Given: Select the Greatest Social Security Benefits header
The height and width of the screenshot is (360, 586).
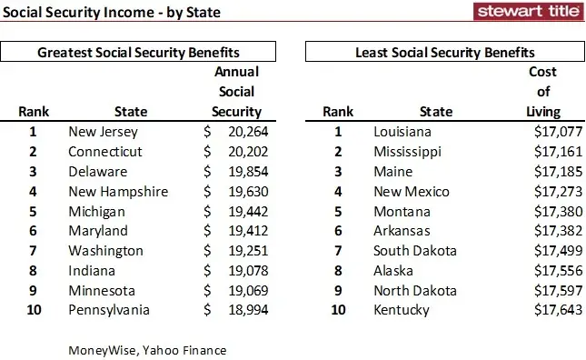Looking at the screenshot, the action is pos(144,53).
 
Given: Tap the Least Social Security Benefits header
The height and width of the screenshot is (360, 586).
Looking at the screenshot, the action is pos(444,53).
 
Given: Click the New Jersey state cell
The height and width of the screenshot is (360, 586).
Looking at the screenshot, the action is pos(104,132).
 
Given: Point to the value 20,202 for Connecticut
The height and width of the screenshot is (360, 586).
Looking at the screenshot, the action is pos(239,152).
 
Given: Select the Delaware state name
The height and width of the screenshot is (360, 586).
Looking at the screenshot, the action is pos(98,172).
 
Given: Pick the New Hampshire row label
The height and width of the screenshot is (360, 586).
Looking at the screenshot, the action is pos(119,192).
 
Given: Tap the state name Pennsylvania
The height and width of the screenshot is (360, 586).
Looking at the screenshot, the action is pos(110,311).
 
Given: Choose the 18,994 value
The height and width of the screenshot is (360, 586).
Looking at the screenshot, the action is pos(239,311).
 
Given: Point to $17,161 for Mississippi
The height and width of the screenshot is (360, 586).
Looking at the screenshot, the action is pos(534,152).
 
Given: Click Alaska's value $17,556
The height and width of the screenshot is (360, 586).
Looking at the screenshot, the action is pos(534,271).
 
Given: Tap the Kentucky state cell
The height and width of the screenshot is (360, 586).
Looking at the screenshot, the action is pos(402,311).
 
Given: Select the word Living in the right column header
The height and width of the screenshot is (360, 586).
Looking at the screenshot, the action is pos(542,112).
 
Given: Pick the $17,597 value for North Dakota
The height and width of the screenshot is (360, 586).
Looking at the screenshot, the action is pos(534,291).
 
